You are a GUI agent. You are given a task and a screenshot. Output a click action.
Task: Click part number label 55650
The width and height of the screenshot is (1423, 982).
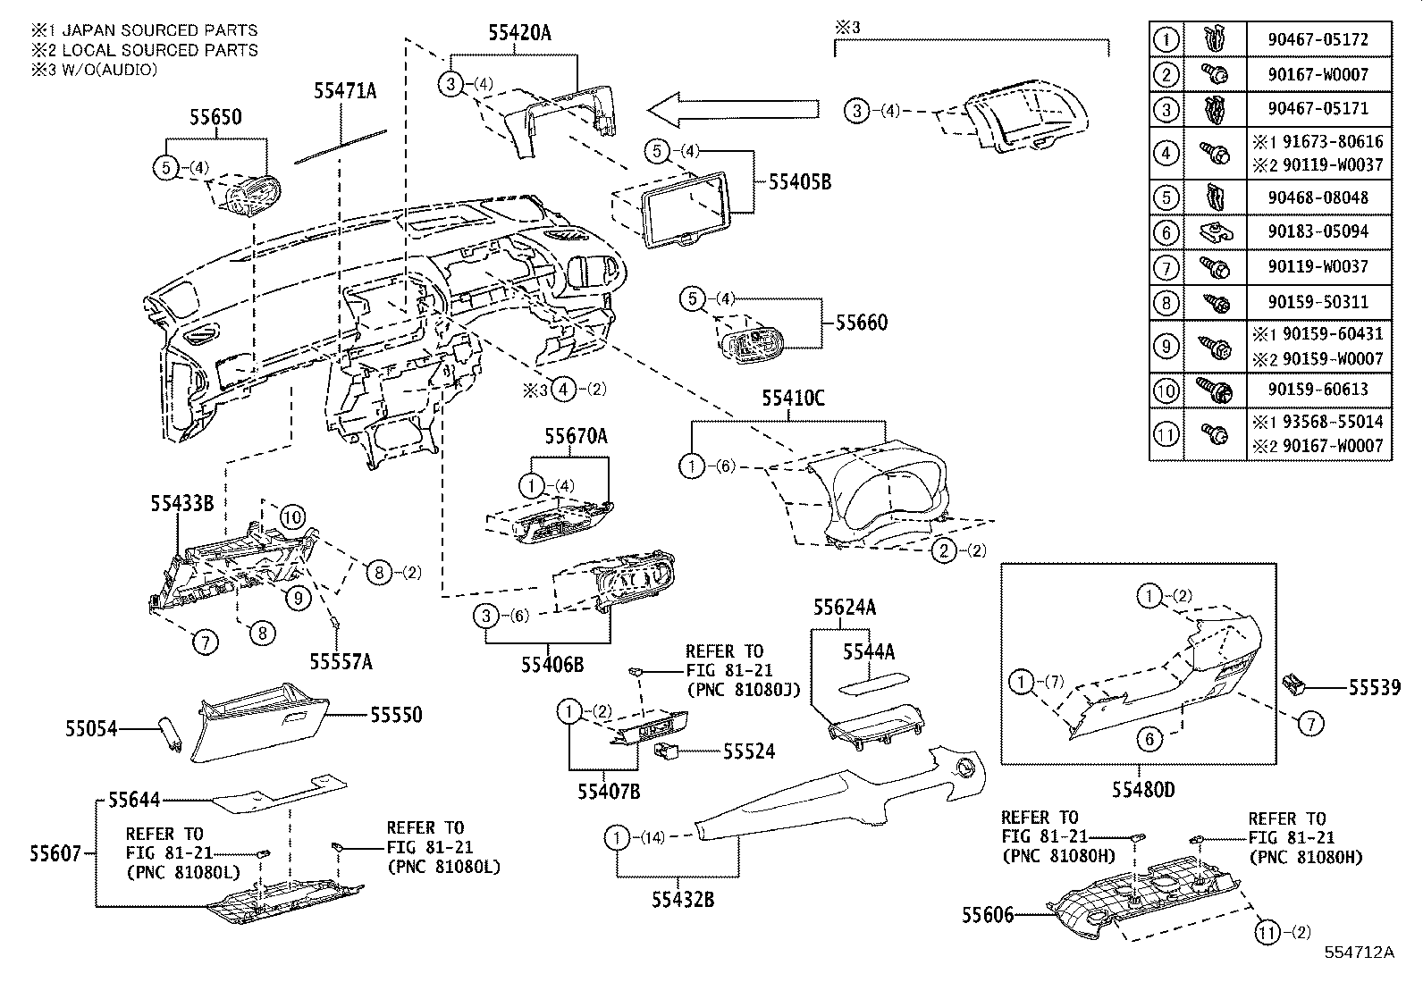(x=215, y=117)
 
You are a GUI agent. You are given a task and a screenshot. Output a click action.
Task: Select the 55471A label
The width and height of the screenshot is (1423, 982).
(x=344, y=90)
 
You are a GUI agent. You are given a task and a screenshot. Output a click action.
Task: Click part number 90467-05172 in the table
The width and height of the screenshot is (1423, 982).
(x=1318, y=39)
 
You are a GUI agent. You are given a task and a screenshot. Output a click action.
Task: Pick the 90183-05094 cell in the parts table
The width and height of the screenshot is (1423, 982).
(x=1318, y=231)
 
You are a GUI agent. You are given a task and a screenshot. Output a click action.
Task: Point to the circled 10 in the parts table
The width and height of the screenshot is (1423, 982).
(x=1166, y=390)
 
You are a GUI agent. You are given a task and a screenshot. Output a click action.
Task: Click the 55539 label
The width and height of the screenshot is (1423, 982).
(x=1374, y=687)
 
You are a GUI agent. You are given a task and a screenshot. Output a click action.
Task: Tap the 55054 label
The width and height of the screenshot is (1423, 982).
(x=90, y=729)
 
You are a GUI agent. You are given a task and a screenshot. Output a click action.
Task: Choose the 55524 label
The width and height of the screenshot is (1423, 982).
(x=748, y=751)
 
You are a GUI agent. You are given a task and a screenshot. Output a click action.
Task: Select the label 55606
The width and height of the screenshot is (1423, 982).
(x=988, y=915)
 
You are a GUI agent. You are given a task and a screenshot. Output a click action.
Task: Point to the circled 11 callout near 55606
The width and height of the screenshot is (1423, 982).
(x=1265, y=933)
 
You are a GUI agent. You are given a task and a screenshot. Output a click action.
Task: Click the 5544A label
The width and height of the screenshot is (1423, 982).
(x=868, y=652)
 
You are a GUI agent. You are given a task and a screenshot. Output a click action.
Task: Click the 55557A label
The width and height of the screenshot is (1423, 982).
(x=341, y=661)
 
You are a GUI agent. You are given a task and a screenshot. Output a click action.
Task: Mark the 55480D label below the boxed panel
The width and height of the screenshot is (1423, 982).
(x=1143, y=790)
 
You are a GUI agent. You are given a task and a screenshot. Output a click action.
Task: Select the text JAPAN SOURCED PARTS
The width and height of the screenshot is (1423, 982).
(x=146, y=30)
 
